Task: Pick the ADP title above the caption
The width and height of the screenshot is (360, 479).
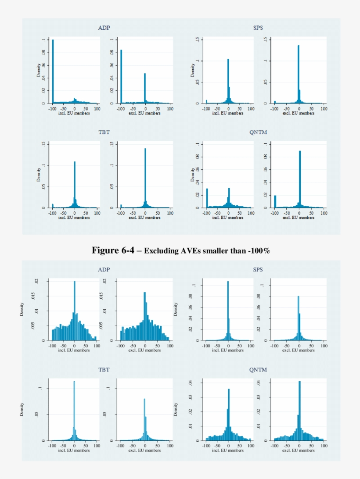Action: pos(104,28)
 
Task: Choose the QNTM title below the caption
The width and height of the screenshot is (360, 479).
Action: pos(258,370)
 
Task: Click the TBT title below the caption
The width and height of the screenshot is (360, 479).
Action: pos(104,370)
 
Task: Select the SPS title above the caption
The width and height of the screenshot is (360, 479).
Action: pos(258,28)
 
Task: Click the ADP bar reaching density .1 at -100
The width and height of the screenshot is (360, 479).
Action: pos(53,72)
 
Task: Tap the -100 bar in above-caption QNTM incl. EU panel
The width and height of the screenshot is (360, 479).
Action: pos(207,198)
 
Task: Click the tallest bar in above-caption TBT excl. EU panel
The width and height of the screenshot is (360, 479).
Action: pos(145,178)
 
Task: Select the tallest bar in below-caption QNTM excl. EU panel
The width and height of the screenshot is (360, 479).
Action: pos(299,411)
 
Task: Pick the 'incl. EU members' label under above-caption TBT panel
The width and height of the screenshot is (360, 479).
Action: pos(74,218)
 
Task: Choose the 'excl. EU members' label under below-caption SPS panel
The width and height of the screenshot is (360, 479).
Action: pos(299,350)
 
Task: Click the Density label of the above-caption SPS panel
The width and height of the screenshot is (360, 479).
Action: pos(192,70)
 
